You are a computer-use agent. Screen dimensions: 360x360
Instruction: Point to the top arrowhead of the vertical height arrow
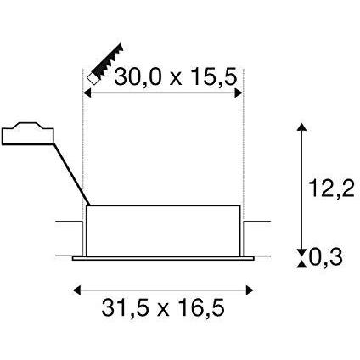(301, 127)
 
